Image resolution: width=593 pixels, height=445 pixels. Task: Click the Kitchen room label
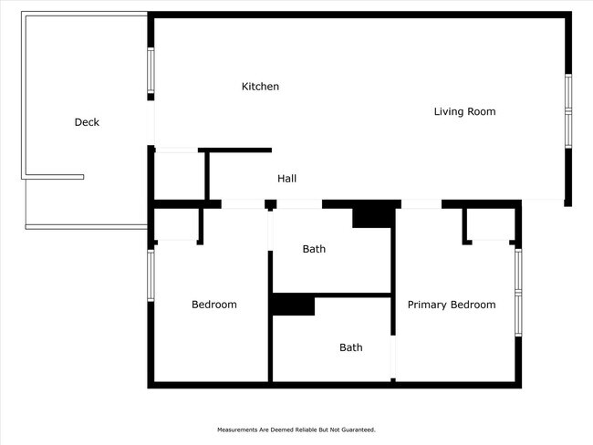click(x=260, y=87)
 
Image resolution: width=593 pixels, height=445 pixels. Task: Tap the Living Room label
click(x=464, y=111)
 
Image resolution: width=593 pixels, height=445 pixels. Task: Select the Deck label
click(x=87, y=122)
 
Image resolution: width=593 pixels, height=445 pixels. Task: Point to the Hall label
click(x=286, y=179)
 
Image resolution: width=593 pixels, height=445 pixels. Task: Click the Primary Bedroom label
click(x=452, y=305)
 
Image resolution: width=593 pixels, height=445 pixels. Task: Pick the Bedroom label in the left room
click(x=213, y=305)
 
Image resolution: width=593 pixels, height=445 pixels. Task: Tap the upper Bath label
click(x=314, y=249)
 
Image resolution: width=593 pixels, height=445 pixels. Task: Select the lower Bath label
click(x=350, y=347)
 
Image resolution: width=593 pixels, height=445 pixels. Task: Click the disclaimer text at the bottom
click(x=296, y=429)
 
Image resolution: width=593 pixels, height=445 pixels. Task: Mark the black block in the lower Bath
click(x=293, y=305)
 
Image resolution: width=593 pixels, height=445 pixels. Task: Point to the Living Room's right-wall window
click(x=567, y=110)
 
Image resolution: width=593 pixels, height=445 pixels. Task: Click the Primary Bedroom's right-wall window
click(x=517, y=292)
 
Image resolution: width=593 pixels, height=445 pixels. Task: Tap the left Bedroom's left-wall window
click(x=151, y=274)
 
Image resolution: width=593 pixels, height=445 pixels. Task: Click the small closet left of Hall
click(x=180, y=175)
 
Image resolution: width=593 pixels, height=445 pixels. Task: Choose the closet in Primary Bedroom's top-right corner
click(x=488, y=224)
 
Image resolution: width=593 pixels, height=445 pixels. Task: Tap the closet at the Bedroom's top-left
click(x=177, y=225)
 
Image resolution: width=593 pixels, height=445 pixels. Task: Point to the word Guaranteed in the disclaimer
click(x=356, y=429)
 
